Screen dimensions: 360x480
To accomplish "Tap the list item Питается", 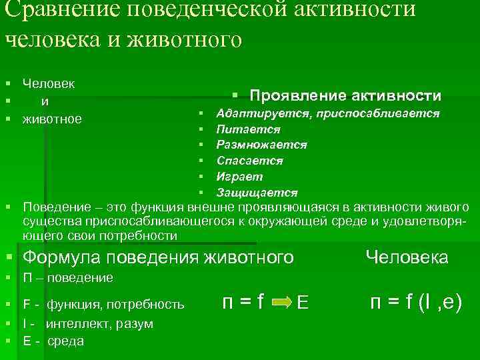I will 248,129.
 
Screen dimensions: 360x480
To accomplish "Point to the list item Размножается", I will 261,145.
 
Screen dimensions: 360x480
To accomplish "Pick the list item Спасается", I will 249,161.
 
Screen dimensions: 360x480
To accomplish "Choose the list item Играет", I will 239,177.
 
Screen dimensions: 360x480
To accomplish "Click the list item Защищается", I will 257,193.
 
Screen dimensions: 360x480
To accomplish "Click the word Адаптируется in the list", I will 257,113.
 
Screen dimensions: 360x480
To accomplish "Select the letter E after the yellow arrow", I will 302,304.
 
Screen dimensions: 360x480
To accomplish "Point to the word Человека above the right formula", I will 407,257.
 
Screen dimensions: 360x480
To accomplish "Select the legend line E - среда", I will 53,341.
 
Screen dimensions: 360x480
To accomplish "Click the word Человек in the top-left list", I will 48,84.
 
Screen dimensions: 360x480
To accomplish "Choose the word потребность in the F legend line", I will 151,305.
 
